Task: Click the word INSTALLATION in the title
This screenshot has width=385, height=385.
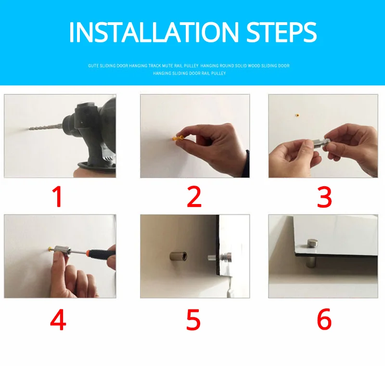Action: [x=154, y=32]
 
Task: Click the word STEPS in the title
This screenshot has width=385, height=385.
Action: [x=282, y=32]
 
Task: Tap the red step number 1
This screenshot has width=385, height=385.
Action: [x=58, y=196]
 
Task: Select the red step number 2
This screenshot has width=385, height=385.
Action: [x=194, y=196]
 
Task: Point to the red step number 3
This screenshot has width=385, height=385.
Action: [x=324, y=197]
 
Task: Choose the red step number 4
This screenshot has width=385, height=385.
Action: [x=58, y=320]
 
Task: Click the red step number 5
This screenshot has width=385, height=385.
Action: [x=193, y=320]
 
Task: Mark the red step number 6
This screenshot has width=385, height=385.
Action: [x=324, y=319]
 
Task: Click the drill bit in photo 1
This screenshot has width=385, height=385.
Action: [x=46, y=127]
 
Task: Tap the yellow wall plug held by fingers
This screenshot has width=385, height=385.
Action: [x=178, y=138]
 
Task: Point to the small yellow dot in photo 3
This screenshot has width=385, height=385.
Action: [x=297, y=115]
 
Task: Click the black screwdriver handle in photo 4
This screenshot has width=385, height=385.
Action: [x=101, y=254]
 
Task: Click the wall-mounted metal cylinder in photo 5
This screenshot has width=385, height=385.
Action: [x=179, y=257]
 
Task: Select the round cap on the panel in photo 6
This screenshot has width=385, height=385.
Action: [x=312, y=243]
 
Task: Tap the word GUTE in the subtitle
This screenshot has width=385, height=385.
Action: [x=93, y=66]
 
